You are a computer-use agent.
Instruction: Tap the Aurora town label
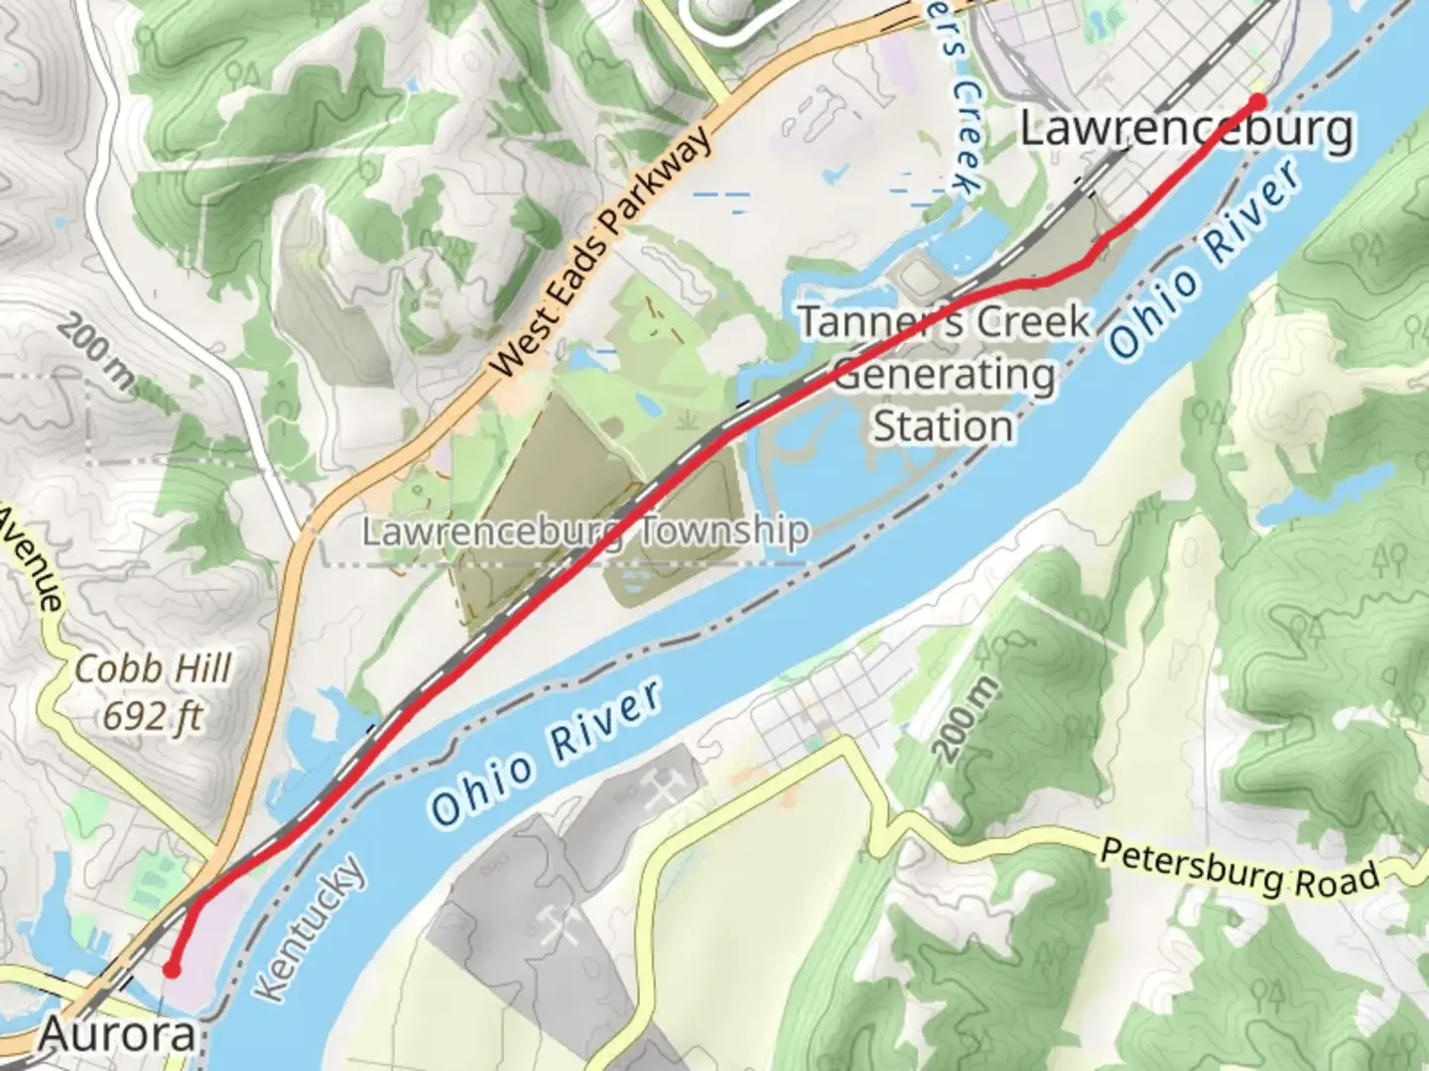[x=117, y=1036]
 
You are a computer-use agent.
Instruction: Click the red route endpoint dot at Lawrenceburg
[x=1257, y=101]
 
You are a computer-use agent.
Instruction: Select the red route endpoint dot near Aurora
[x=172, y=969]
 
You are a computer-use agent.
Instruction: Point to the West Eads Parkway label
[x=601, y=252]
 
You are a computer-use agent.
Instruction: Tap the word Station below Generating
[x=943, y=426]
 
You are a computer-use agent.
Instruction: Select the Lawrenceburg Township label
[x=585, y=532]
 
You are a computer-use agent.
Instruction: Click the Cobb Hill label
[x=153, y=668]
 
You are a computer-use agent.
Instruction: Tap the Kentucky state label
[x=309, y=928]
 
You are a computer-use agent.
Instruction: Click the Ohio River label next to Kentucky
[x=546, y=754]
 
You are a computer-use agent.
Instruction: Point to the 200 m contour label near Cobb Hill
[x=95, y=352]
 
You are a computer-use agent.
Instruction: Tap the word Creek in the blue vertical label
[x=965, y=139]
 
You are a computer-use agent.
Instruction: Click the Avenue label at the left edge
[x=30, y=560]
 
